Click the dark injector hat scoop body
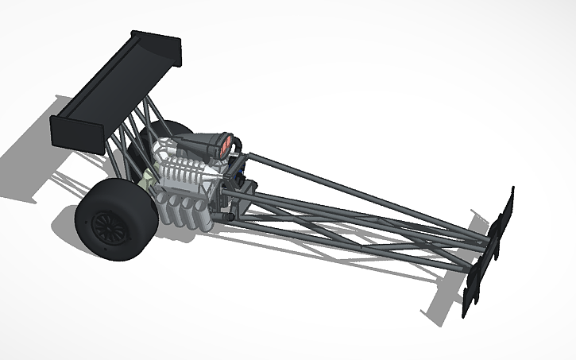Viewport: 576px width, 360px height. pos(209,145)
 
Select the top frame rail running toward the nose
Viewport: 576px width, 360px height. pos(358,191)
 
